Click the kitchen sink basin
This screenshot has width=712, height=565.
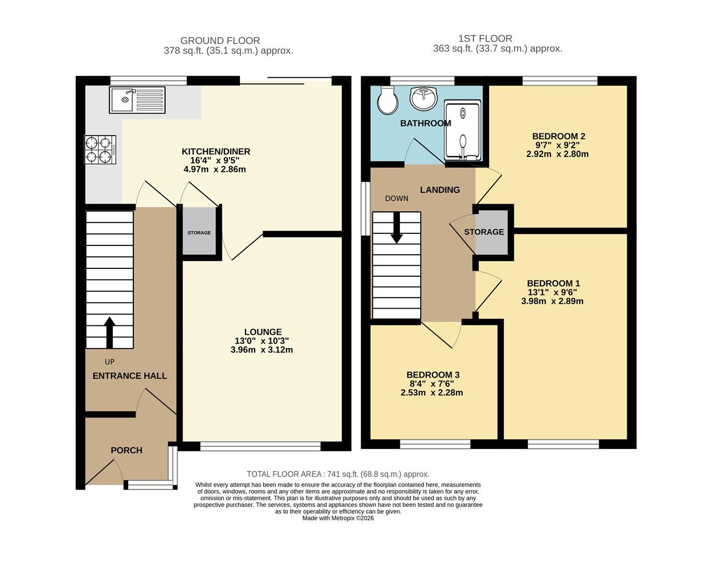tap(122, 100)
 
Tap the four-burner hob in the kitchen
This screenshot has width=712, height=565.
tap(100, 150)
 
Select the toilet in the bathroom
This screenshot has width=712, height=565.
tap(388, 100)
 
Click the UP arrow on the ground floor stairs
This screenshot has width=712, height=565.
tap(109, 333)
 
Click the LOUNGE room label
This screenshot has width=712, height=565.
tap(263, 332)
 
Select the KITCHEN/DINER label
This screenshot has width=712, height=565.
tap(216, 152)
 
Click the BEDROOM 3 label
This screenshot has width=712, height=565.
tap(433, 375)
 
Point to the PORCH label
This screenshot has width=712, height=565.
tap(127, 450)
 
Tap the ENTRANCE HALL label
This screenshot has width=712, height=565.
tap(130, 376)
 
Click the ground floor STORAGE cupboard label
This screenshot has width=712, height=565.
tap(199, 233)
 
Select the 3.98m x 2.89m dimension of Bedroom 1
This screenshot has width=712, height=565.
tap(552, 301)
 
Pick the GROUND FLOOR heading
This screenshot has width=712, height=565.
tap(220, 41)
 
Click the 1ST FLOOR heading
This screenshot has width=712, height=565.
tap(485, 39)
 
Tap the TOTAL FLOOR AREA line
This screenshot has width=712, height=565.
tap(338, 474)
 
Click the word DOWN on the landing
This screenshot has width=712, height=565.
tap(397, 198)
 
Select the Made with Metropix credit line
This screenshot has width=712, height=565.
tap(338, 518)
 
